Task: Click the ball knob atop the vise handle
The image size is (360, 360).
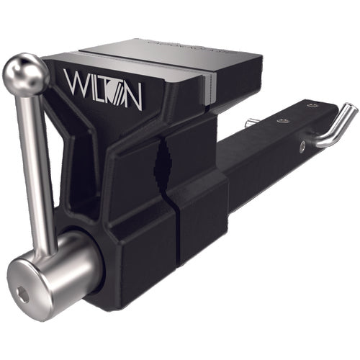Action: tap(24, 73)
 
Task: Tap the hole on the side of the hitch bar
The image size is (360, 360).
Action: tap(302, 147)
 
